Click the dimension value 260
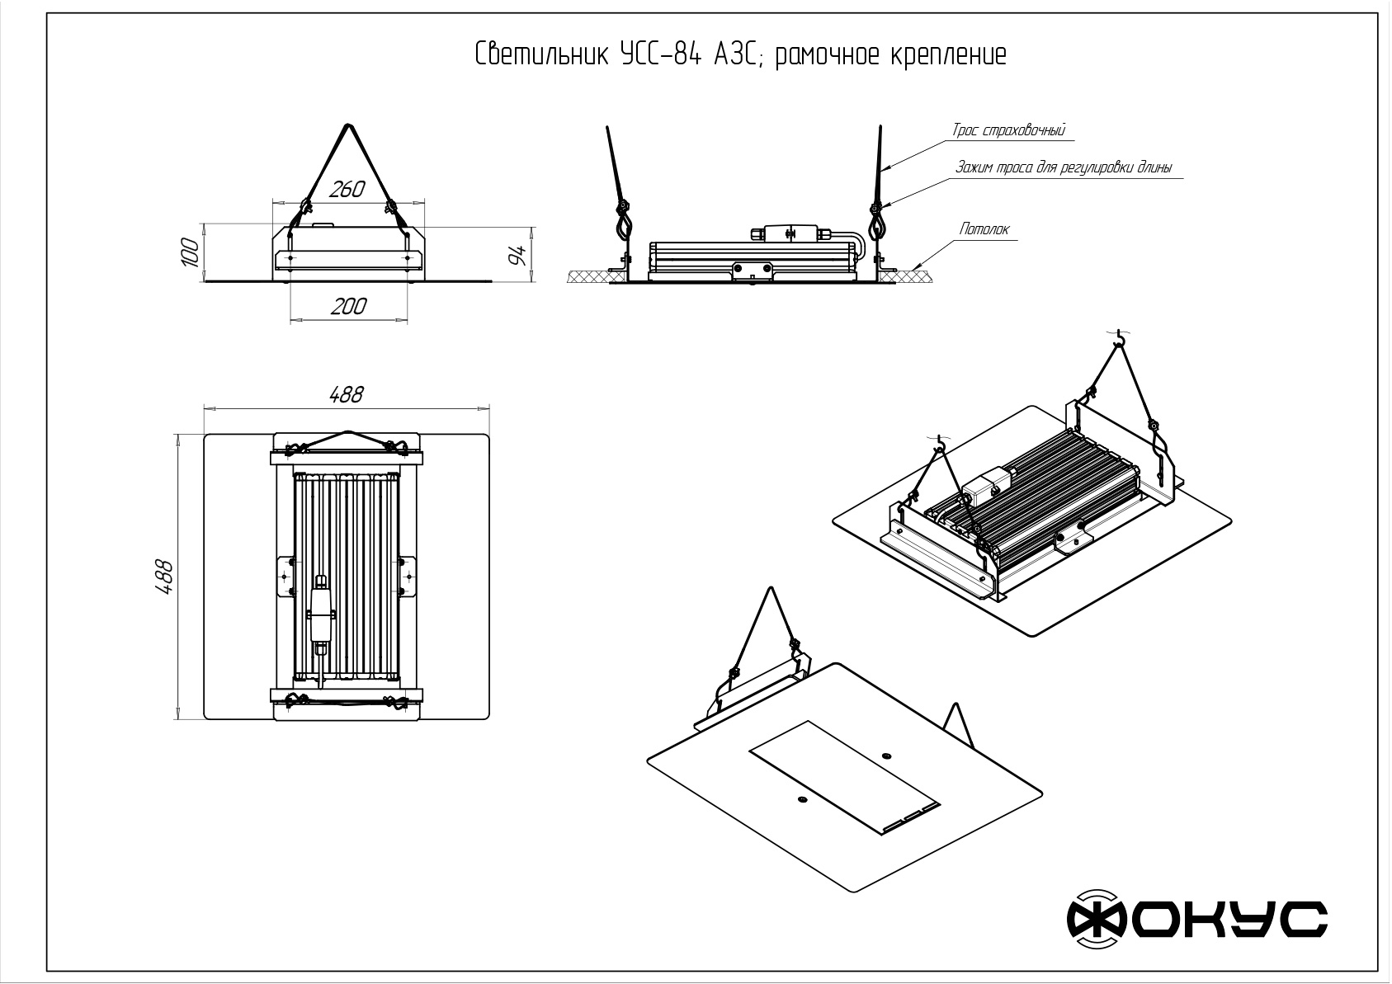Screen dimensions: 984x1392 point(347,190)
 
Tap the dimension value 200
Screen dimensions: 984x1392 point(348,307)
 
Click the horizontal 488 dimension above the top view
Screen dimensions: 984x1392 point(346,395)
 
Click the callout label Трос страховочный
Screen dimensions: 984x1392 point(1009,130)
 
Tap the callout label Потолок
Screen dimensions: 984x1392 point(984,229)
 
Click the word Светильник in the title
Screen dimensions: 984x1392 point(541,55)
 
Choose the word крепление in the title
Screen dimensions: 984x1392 point(948,55)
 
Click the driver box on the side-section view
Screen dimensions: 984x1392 point(790,233)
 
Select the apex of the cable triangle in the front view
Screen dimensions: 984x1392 point(347,125)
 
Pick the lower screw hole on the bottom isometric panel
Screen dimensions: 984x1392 point(801,798)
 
